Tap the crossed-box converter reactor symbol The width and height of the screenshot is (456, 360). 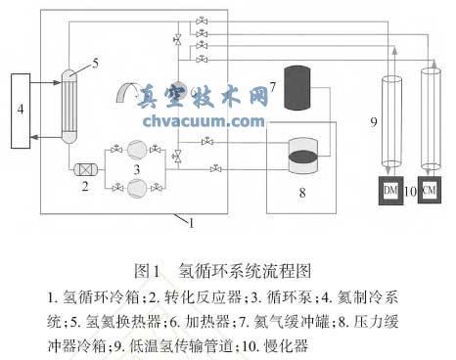coord(82,168)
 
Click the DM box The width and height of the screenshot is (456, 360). coord(390,190)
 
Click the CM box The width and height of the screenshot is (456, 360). coord(429,190)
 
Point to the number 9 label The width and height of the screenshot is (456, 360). coord(374,122)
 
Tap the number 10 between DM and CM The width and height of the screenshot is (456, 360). coord(410,190)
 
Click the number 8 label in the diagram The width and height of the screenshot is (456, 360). coord(301,192)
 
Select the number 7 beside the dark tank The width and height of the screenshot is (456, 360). coord(274,88)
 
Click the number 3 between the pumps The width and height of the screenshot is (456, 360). coord(149,169)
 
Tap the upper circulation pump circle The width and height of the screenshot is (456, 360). coord(140,150)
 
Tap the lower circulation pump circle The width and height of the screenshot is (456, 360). coord(140,186)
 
